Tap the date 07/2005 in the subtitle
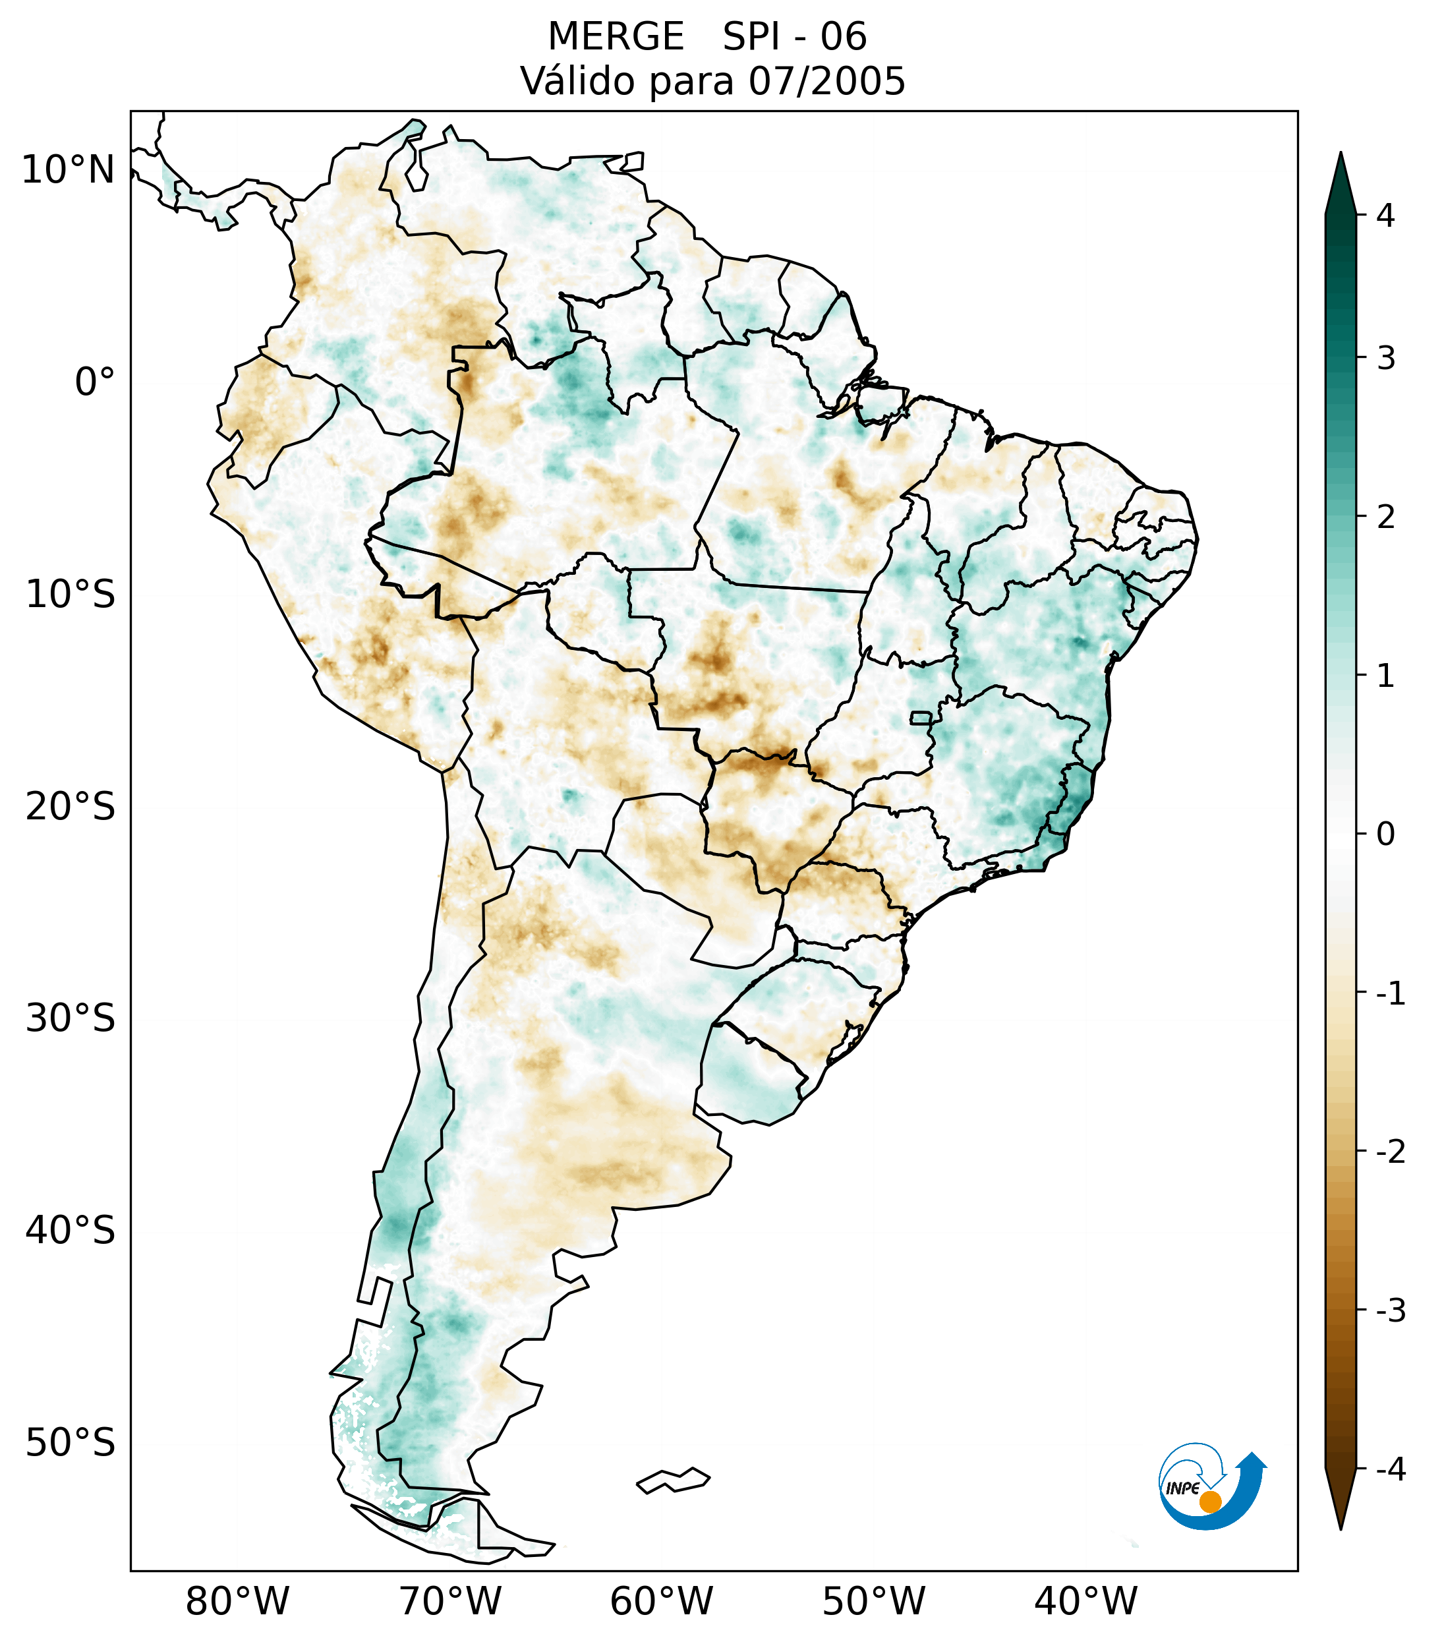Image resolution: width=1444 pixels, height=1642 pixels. (826, 81)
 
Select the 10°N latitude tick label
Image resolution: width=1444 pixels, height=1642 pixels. (69, 169)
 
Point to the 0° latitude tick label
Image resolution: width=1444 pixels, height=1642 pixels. (94, 382)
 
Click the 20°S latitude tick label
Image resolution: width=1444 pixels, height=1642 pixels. (71, 807)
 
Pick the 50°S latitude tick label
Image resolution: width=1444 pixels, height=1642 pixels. (71, 1443)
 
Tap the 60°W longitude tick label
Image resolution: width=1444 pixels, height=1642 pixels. (661, 1601)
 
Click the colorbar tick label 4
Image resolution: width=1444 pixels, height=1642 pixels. (1385, 216)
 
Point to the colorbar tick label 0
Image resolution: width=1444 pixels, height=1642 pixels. (1385, 835)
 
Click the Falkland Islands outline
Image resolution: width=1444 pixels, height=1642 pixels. (673, 1480)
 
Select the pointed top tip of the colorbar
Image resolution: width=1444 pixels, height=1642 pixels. (1340, 154)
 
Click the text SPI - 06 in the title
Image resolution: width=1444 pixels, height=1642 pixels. (794, 37)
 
